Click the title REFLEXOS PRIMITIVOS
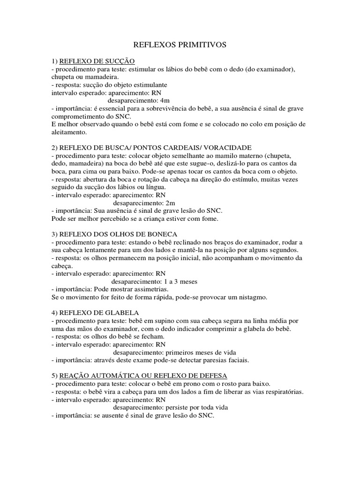[180, 45]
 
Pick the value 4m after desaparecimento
[165, 100]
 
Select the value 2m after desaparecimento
[170, 203]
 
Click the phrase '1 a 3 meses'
[180, 282]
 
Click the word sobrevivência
[167, 108]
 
